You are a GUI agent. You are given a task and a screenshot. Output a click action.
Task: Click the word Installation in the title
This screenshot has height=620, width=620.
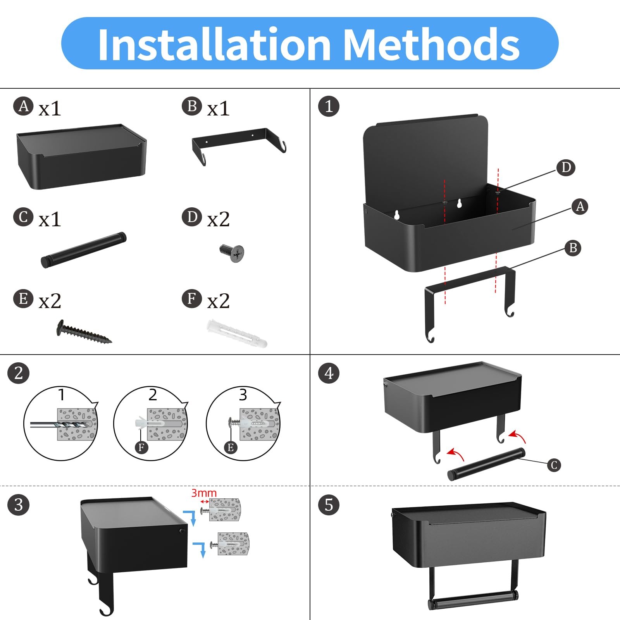click(x=214, y=44)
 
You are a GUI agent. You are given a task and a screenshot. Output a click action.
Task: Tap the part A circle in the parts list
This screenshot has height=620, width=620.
click(x=23, y=106)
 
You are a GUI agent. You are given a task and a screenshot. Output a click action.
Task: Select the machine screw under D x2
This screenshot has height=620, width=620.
click(x=232, y=253)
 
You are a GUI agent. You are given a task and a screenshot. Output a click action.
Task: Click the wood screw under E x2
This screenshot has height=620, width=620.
click(x=84, y=332)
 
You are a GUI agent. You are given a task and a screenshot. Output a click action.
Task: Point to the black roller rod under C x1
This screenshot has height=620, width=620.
click(x=84, y=250)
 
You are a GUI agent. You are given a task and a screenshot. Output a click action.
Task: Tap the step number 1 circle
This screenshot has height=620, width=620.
click(x=329, y=106)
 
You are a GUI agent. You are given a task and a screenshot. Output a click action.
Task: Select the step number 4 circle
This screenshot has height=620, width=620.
click(x=329, y=374)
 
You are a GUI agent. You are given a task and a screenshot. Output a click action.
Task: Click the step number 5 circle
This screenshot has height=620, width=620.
click(x=329, y=505)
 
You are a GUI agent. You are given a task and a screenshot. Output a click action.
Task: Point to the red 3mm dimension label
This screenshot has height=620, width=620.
click(x=204, y=493)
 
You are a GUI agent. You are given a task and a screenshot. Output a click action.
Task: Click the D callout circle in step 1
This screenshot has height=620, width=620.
click(x=566, y=168)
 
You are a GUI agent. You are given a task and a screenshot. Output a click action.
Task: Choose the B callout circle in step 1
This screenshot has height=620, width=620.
click(x=573, y=248)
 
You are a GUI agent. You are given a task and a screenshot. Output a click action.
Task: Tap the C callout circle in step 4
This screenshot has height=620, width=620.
click(x=554, y=465)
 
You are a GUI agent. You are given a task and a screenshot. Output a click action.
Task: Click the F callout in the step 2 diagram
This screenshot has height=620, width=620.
click(x=141, y=448)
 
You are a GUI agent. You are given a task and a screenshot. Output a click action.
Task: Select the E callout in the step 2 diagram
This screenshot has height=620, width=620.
click(x=231, y=448)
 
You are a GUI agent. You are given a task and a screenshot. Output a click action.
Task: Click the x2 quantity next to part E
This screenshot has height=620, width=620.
click(x=50, y=301)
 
